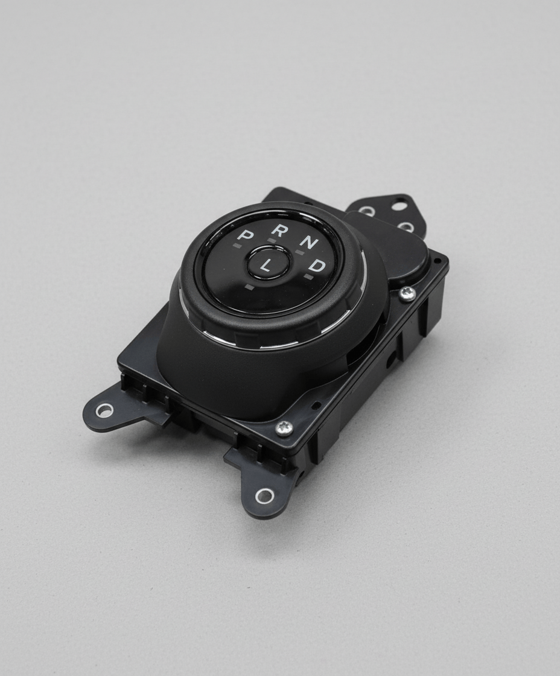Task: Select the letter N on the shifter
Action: pyautogui.click(x=310, y=243)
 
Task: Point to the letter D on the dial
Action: pyautogui.click(x=319, y=266)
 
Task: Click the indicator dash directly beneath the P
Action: pyautogui.click(x=237, y=246)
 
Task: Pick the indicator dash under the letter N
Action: pyautogui.click(x=301, y=252)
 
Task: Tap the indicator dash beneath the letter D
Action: pyautogui.click(x=308, y=277)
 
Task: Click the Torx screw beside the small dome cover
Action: pyautogui.click(x=407, y=293)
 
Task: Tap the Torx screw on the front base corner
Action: pyautogui.click(x=284, y=428)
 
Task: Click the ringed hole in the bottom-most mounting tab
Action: pyautogui.click(x=264, y=496)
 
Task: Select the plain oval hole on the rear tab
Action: pyautogui.click(x=399, y=206)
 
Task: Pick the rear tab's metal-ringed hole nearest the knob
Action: pyautogui.click(x=366, y=211)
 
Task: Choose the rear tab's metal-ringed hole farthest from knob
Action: pyautogui.click(x=407, y=228)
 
